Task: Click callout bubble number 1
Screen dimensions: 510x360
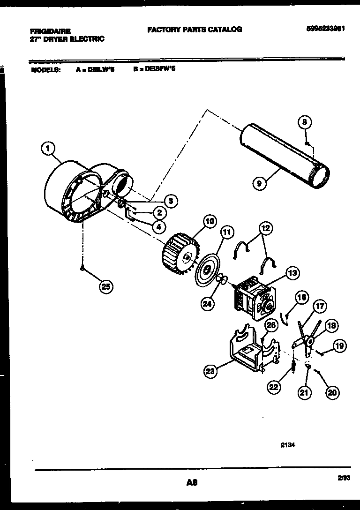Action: [47, 149]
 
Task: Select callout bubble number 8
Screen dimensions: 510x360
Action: [304, 123]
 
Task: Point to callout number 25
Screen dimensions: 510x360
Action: [106, 287]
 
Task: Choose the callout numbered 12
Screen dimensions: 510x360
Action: [265, 228]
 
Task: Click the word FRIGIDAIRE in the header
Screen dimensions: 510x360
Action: [50, 31]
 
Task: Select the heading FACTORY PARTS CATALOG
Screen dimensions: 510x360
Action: [195, 29]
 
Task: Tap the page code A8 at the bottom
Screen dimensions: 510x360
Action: [191, 482]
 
